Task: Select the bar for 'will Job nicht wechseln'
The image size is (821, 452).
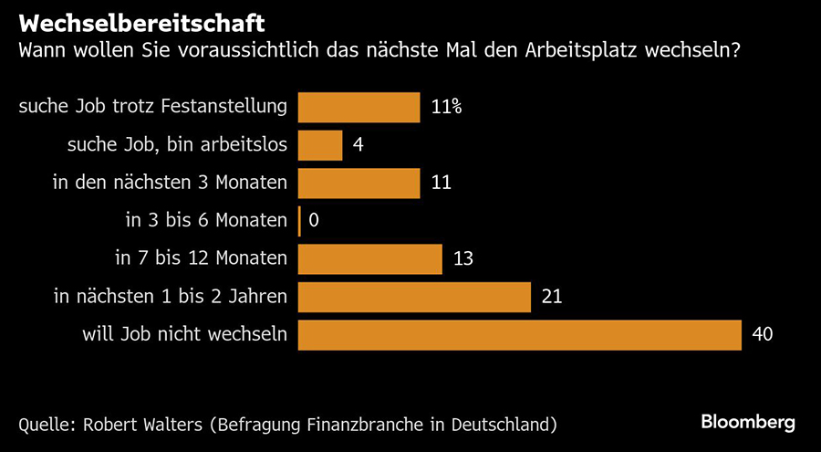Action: click(520, 334)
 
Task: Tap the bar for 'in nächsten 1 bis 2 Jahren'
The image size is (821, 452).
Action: click(415, 297)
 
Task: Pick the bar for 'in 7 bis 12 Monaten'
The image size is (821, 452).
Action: click(370, 258)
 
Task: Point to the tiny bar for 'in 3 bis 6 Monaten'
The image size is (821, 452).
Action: click(300, 220)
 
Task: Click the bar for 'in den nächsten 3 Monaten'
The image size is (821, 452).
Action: click(359, 183)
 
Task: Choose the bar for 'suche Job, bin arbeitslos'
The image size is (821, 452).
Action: click(321, 144)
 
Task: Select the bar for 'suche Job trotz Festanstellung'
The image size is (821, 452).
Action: click(359, 107)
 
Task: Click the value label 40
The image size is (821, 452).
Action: click(763, 334)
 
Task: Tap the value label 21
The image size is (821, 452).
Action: click(553, 297)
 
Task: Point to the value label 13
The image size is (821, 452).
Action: click(463, 258)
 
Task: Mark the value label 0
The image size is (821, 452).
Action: click(315, 220)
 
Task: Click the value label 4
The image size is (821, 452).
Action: click(359, 144)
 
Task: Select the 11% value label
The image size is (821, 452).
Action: click(446, 107)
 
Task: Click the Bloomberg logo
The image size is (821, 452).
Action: click(748, 422)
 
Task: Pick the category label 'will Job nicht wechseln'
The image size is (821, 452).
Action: click(185, 334)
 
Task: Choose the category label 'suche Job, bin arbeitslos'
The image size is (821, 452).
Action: click(179, 144)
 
